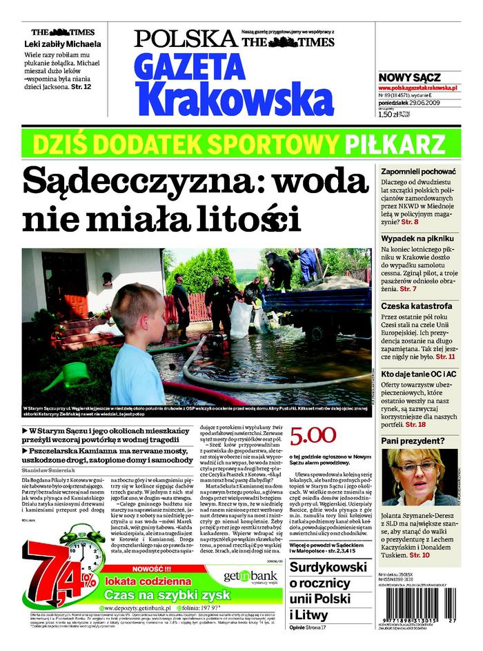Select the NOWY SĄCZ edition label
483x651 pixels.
pyautogui.click(x=409, y=78)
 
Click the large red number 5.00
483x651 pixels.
pyautogui.click(x=313, y=435)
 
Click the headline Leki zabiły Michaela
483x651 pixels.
pyautogui.click(x=63, y=44)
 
